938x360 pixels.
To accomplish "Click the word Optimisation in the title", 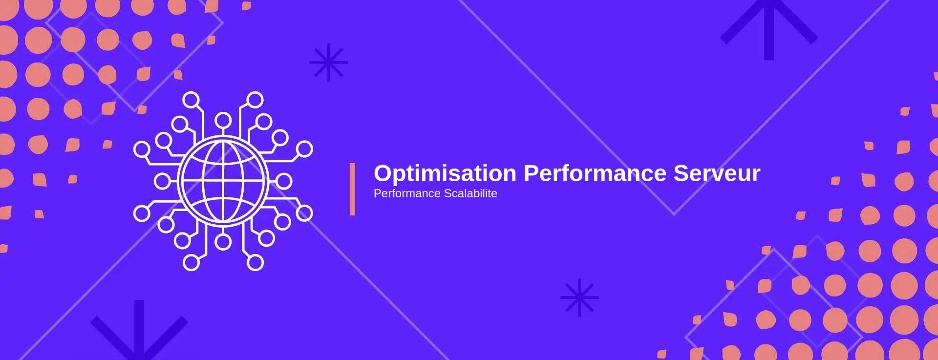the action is tap(445, 174).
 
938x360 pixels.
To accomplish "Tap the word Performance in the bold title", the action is tap(595, 173).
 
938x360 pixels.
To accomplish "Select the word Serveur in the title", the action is tap(717, 173).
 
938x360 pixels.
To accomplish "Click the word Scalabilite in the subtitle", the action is tap(470, 193).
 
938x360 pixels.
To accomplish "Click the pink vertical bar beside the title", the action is tap(352, 189).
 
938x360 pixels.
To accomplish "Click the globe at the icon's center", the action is tap(223, 181).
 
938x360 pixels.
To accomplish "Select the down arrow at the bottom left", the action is tap(139, 330).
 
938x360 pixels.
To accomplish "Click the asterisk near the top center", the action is tap(328, 63).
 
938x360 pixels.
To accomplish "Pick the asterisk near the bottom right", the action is tap(579, 297).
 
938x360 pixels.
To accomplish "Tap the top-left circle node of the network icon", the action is tap(191, 100).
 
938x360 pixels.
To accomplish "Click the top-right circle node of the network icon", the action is tap(255, 100).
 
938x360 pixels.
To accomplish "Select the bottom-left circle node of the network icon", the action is tap(191, 262).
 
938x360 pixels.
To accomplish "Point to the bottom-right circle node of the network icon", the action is tap(255, 262).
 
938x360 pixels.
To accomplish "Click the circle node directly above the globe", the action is tap(223, 120).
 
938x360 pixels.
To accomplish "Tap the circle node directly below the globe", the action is tap(223, 242).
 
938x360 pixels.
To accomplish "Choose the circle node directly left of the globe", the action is tap(162, 181).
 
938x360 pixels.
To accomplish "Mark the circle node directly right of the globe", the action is tap(284, 181).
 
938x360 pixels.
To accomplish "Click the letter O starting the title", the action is tap(383, 173).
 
